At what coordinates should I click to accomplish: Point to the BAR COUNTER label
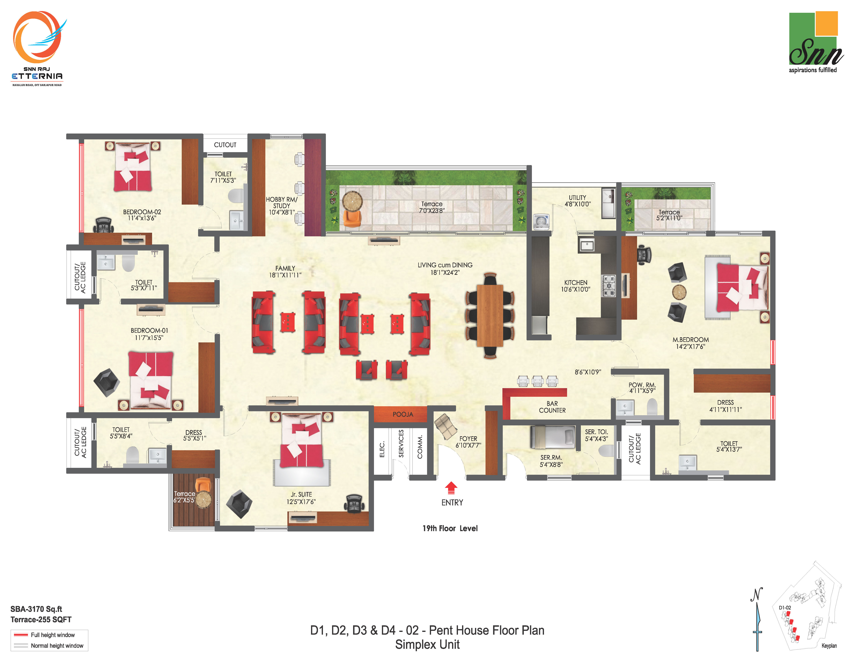(x=552, y=407)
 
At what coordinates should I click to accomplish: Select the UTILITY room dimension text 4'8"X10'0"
(x=577, y=204)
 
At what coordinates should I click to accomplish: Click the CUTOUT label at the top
(x=225, y=145)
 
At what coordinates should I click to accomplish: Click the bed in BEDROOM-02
(x=133, y=166)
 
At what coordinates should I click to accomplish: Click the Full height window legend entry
(x=52, y=635)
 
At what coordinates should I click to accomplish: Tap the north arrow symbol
(x=757, y=619)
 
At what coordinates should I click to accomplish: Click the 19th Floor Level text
(x=450, y=528)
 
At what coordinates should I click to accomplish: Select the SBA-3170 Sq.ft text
(x=36, y=609)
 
